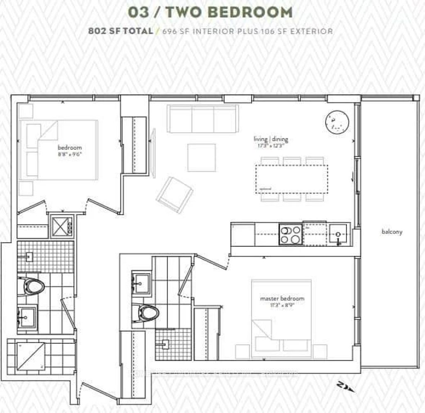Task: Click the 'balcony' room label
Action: point(392,232)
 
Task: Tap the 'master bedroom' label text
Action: point(282,299)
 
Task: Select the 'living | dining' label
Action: point(271,139)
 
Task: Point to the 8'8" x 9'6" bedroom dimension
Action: point(70,154)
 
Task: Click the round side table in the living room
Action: point(337,123)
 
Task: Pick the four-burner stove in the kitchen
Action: point(290,234)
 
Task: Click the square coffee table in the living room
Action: point(201,158)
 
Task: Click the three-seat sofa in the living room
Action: point(203,119)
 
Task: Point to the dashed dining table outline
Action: point(291,179)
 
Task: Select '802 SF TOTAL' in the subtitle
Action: point(120,31)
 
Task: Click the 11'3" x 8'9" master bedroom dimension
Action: point(282,306)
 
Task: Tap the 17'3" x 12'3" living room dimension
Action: point(271,146)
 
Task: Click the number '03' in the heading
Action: point(138,12)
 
